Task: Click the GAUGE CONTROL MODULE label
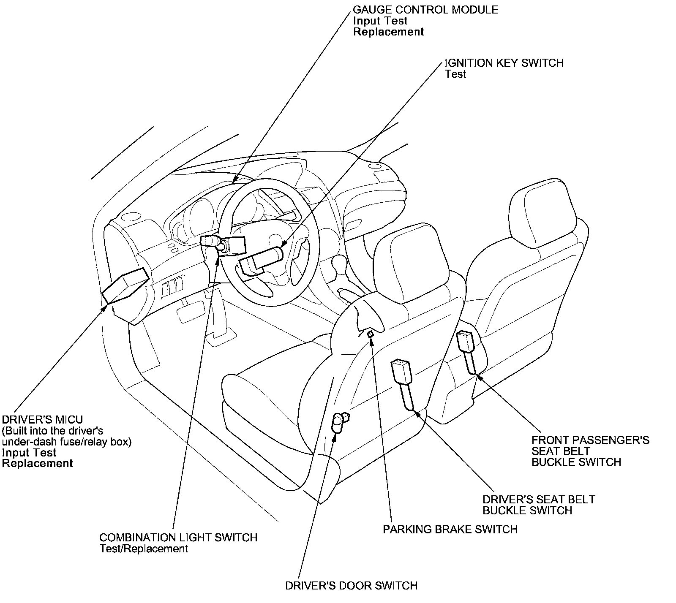425,9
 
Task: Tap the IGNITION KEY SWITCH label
504,63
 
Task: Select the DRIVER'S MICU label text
43,420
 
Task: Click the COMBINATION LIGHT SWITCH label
178,538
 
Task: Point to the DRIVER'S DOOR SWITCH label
351,586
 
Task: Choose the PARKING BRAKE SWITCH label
450,530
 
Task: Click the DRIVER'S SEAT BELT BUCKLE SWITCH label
538,505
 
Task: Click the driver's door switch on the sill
339,423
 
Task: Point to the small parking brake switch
370,334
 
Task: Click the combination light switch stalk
210,241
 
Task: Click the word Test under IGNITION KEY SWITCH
455,74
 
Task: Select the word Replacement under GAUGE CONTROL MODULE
388,32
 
